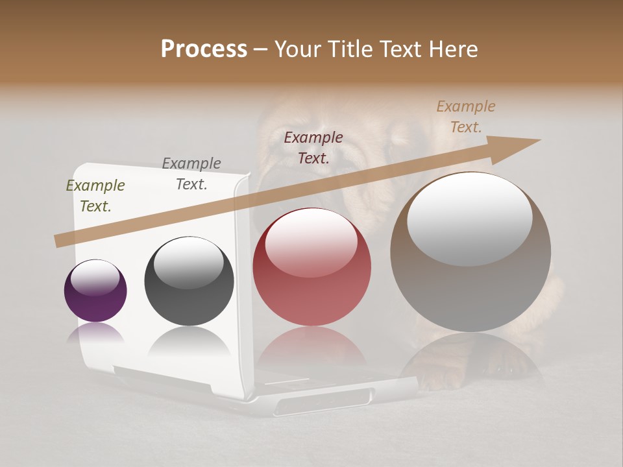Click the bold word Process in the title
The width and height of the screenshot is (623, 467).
[204, 49]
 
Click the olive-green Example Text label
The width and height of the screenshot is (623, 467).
[95, 195]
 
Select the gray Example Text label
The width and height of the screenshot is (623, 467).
[191, 173]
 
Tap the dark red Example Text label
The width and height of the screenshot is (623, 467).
[313, 147]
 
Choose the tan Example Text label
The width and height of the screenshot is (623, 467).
[466, 116]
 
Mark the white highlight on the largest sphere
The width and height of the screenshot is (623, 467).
[470, 217]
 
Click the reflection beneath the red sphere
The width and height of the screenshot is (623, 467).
[311, 344]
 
